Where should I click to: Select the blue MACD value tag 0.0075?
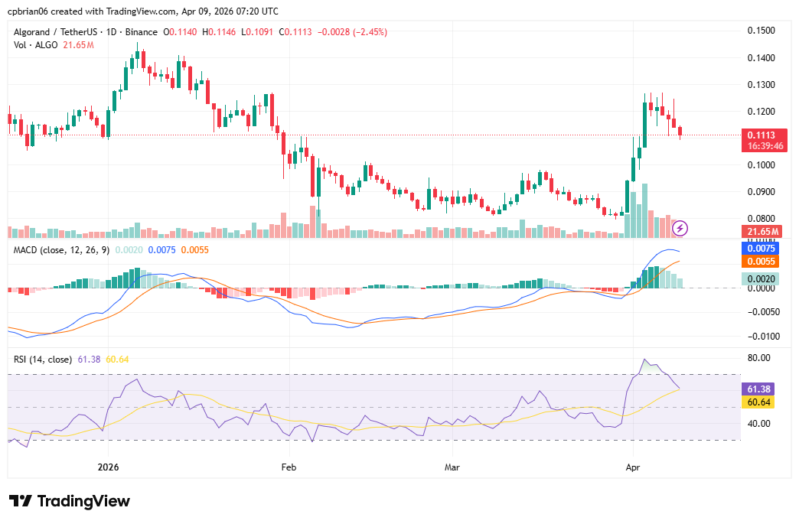point(761,249)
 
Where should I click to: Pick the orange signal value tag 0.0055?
point(761,262)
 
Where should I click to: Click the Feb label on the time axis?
point(289,467)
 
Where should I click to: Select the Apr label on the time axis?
point(633,467)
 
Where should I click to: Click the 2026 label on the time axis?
point(109,467)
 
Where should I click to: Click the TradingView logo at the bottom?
point(70,501)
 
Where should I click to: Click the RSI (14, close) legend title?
point(43,359)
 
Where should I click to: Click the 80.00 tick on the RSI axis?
point(760,358)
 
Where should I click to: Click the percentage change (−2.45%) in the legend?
point(364,32)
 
